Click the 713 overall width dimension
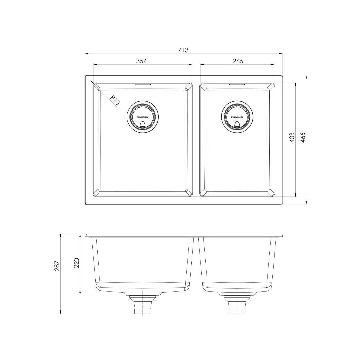183,50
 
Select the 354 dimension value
141,61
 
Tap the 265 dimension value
237,61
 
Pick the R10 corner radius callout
115,100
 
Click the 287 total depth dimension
57,266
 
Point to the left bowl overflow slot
142,84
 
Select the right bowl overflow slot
237,84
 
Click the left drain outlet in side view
142,304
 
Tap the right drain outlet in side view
237,304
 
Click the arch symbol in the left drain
142,124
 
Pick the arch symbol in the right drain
237,124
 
